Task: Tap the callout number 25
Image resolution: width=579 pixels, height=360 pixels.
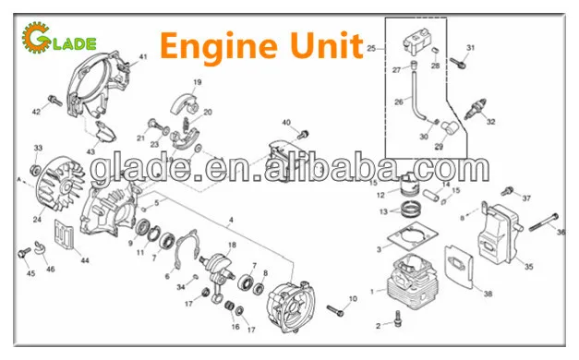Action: [371, 49]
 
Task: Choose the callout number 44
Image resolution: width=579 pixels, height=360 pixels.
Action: [86, 261]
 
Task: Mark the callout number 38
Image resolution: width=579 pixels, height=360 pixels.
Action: [488, 294]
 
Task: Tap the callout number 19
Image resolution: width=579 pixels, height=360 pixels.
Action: [196, 82]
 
